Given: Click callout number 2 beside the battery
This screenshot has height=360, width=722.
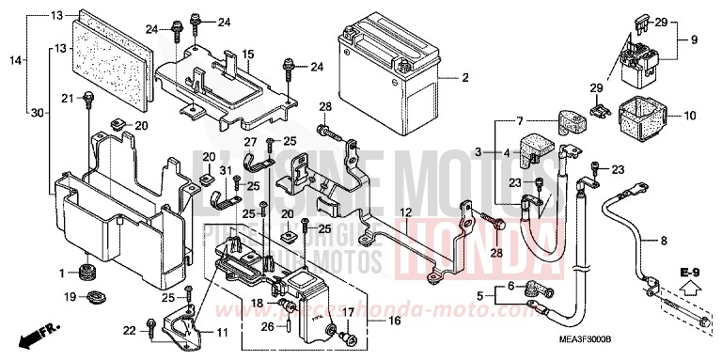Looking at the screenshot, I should coord(464,77).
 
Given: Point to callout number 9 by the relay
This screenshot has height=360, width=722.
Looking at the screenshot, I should coord(695,40).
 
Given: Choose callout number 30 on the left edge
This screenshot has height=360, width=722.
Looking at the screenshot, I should coord(37,113).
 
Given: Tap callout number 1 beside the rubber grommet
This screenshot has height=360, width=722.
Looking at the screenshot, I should coord(61,274).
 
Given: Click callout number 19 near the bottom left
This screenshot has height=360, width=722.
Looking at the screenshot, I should coord(70,298).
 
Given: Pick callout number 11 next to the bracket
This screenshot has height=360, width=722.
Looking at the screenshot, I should coord(222,333).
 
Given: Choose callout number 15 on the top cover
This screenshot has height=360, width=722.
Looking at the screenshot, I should coord(248,55).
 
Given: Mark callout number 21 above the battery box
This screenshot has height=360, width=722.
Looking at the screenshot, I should coord(68,98).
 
